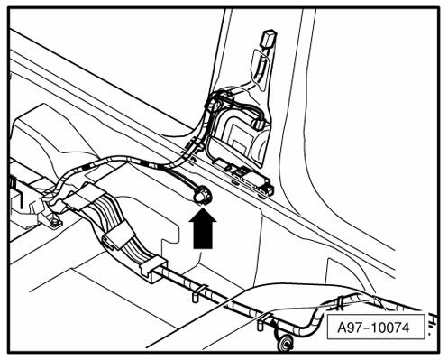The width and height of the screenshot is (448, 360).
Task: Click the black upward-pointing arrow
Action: pyautogui.click(x=204, y=227)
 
